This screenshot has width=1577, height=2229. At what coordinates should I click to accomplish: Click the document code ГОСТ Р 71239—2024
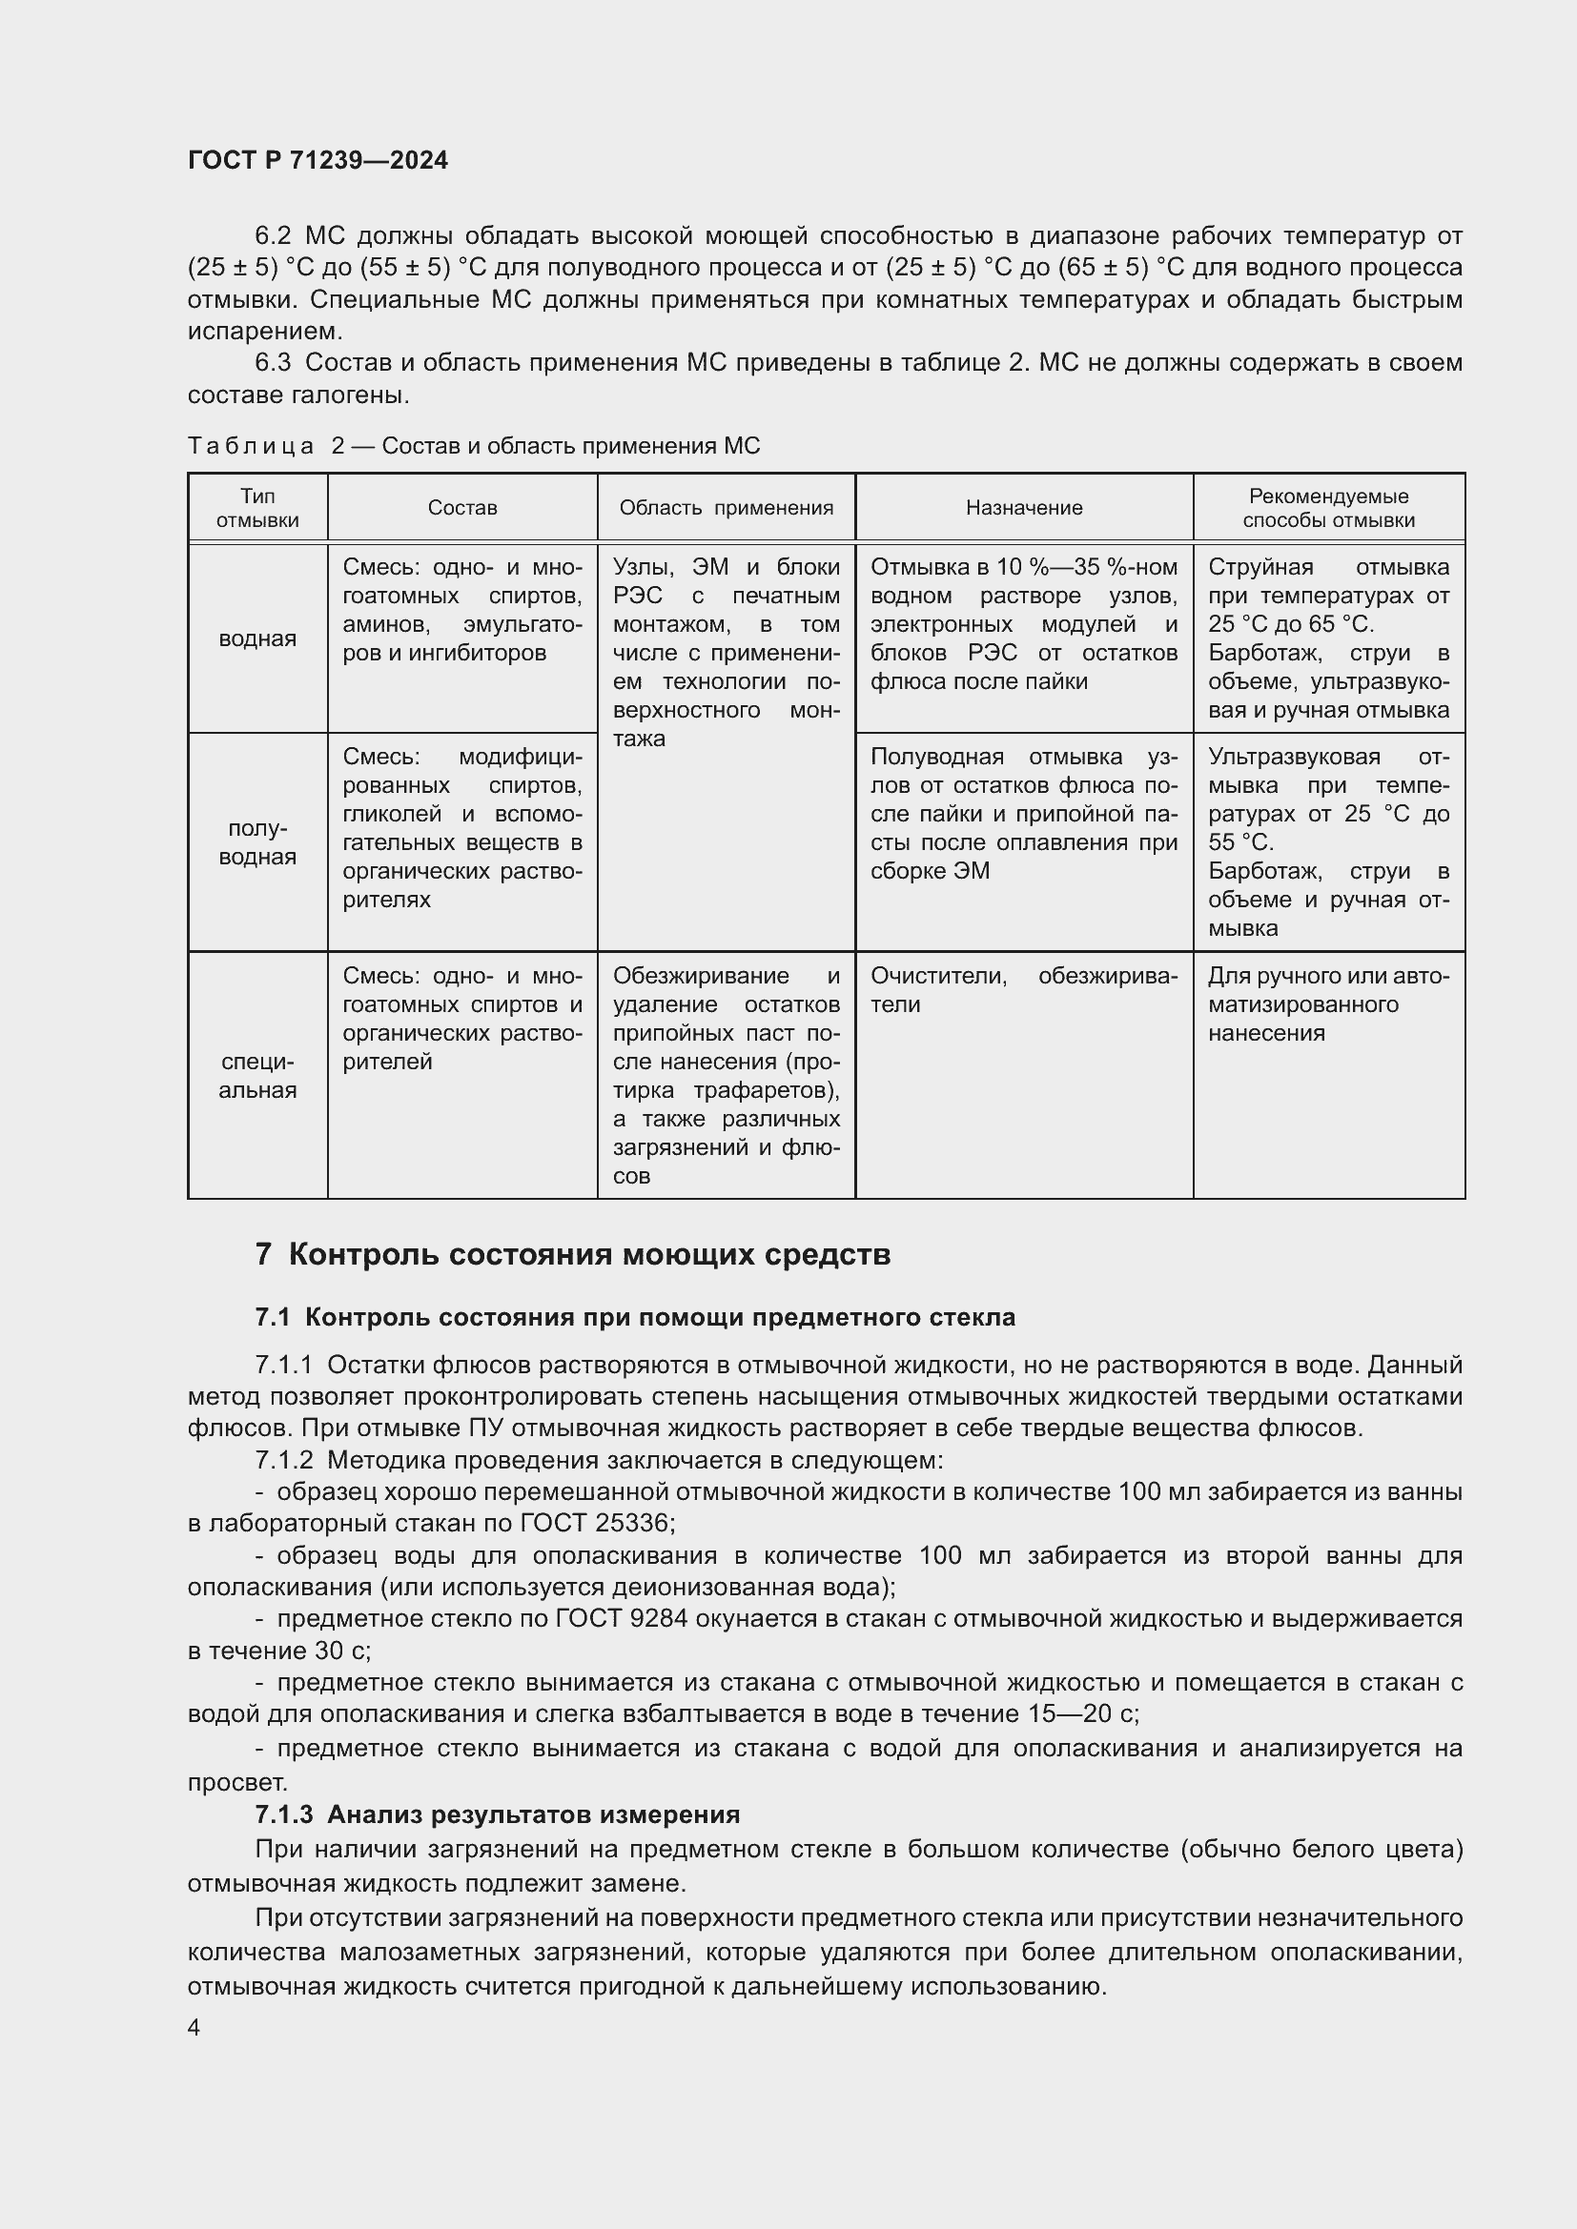tap(317, 161)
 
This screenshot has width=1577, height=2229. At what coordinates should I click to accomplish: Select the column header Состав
tap(462, 508)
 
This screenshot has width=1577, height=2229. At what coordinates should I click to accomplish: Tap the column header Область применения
tap(726, 508)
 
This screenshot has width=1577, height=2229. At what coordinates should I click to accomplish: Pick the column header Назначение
tap(1023, 508)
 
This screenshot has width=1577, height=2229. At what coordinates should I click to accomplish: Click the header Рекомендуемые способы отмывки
tap(1328, 508)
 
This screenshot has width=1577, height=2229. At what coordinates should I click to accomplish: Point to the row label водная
tap(257, 638)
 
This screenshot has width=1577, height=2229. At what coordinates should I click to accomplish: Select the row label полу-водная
tap(257, 842)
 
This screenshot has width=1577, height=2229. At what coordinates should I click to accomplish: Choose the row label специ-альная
tap(257, 1076)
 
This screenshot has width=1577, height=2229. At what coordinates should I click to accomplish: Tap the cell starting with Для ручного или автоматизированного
tap(1327, 1003)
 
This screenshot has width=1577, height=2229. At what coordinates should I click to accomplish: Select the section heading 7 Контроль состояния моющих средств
tap(573, 1254)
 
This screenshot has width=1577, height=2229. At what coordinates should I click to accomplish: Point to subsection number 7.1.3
tap(283, 1814)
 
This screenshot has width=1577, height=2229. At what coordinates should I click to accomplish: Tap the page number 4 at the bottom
tap(195, 2028)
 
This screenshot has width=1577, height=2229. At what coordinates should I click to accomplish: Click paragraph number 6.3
tap(273, 363)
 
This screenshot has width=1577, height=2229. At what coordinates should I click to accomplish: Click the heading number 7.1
tap(273, 1317)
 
